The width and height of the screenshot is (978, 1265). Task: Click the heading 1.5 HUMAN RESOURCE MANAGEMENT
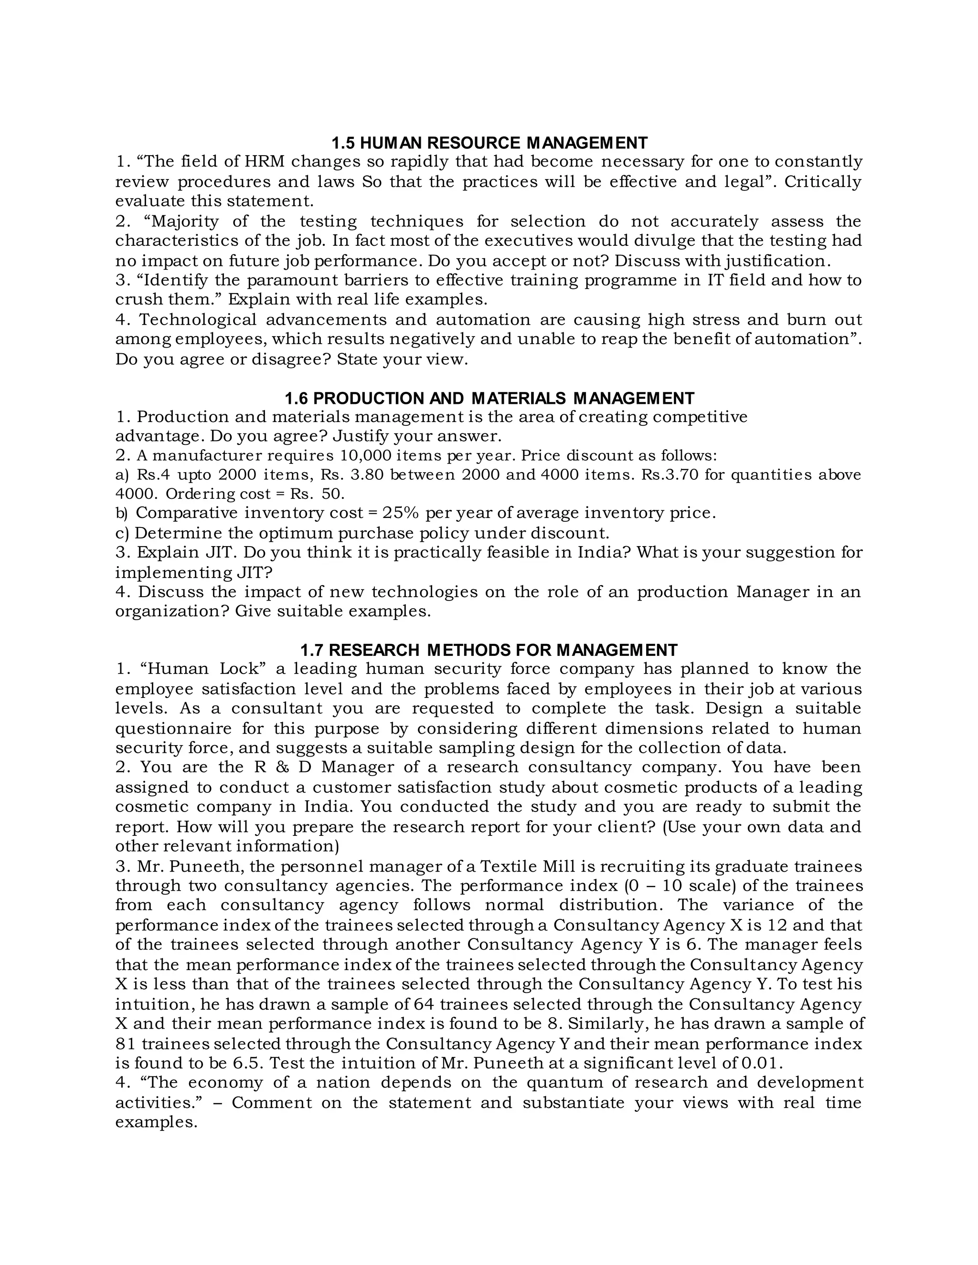tap(489, 142)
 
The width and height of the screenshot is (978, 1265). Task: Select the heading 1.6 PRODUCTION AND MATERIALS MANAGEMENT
tap(489, 399)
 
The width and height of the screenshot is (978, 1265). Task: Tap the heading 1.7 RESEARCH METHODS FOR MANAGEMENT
tap(489, 650)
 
